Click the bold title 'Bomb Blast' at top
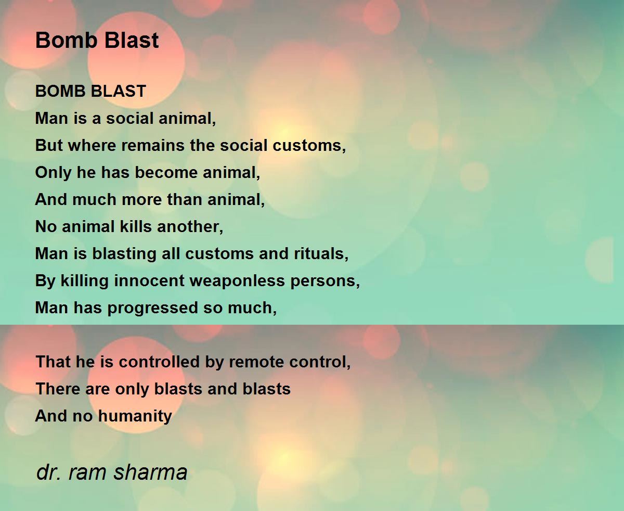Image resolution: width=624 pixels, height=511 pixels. click(x=97, y=41)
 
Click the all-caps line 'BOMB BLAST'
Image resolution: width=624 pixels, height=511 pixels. click(x=90, y=92)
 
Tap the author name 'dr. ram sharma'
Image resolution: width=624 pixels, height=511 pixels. click(x=112, y=472)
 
